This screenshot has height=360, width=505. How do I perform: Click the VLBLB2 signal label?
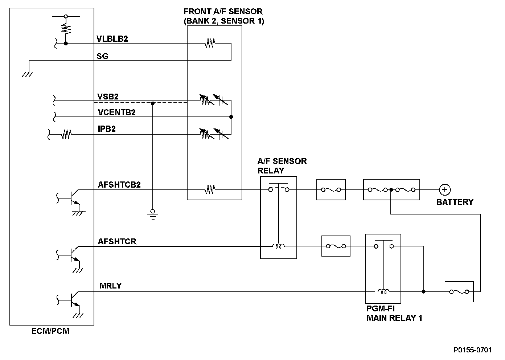click(x=112, y=39)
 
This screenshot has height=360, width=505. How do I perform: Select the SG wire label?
click(x=102, y=56)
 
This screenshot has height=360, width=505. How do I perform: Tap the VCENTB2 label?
click(x=116, y=112)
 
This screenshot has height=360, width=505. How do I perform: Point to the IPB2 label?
click(x=107, y=128)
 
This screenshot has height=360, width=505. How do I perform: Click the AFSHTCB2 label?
click(x=119, y=184)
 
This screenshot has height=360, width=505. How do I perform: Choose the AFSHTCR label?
click(x=117, y=241)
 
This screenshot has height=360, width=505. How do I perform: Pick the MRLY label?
click(x=110, y=286)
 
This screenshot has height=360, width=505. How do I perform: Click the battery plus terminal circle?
click(x=444, y=189)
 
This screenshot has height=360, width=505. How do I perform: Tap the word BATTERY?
click(x=455, y=202)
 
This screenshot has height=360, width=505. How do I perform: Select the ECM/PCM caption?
click(x=50, y=331)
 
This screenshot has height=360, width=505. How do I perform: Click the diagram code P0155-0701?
click(x=472, y=350)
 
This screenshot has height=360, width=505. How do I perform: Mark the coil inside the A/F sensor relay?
click(x=279, y=246)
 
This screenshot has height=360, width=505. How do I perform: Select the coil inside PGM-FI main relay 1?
click(x=383, y=291)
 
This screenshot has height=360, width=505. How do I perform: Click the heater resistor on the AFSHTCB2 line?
click(x=210, y=189)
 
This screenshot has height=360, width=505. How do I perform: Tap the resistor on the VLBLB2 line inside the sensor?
click(x=210, y=44)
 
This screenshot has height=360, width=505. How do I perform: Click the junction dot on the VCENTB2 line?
click(x=231, y=117)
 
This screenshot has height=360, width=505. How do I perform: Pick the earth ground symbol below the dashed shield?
click(x=152, y=214)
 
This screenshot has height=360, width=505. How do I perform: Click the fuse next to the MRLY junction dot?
click(x=459, y=291)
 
